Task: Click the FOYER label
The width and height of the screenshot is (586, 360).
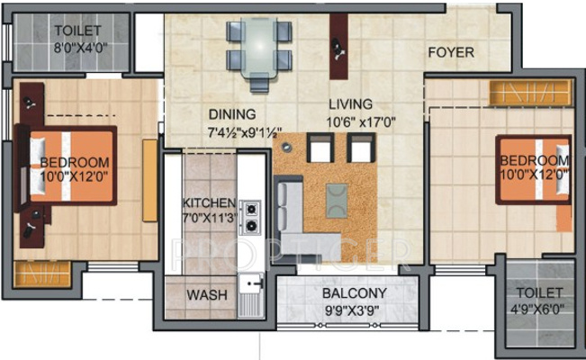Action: (450, 52)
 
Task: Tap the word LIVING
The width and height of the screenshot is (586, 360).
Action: (348, 103)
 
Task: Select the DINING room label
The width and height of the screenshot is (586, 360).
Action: (232, 115)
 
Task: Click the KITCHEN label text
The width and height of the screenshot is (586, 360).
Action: (209, 202)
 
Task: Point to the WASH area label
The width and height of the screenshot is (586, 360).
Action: (205, 294)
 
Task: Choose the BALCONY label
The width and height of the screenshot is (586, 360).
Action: (355, 293)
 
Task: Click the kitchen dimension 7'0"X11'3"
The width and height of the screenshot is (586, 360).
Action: (209, 217)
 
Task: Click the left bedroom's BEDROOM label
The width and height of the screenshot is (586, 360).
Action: (75, 162)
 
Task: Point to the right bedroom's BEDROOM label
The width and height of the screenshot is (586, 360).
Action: (535, 160)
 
